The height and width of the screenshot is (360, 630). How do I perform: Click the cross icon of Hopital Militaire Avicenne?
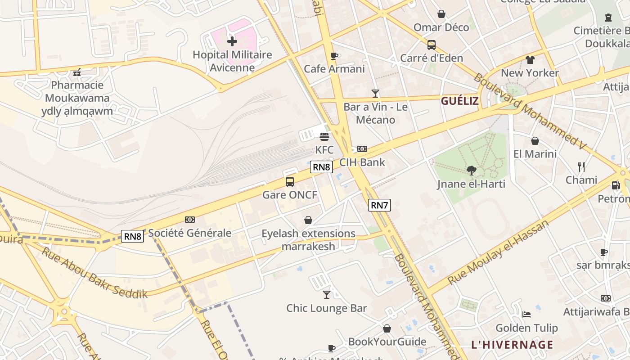coord(232,42)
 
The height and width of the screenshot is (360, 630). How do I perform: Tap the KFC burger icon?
coord(324,136)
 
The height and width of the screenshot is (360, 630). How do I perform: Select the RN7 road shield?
coord(379,206)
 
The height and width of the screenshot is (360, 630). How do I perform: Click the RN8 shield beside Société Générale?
coord(132,236)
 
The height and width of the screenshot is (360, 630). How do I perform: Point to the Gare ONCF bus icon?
coord(290,182)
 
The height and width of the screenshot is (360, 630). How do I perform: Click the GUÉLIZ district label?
coord(459,101)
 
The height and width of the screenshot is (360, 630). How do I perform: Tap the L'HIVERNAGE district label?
coord(512,345)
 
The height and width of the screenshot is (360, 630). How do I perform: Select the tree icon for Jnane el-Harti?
coord(471,171)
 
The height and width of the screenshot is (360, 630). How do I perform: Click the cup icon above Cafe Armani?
coord(334,56)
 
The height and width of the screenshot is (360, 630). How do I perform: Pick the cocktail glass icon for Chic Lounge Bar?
coord(327,295)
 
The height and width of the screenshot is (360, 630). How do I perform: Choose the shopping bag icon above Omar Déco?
coord(441,14)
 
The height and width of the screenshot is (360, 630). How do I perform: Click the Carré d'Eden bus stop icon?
coord(431,45)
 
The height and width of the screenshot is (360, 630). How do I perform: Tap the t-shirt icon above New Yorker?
coord(530,60)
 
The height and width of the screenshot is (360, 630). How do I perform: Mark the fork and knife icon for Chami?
coord(581,167)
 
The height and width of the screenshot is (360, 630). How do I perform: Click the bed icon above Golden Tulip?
coord(526,314)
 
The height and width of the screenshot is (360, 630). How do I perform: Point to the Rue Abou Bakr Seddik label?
coord(94,273)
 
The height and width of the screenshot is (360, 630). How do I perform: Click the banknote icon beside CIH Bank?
coord(362,149)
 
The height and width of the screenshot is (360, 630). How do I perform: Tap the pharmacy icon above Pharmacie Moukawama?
coord(77,72)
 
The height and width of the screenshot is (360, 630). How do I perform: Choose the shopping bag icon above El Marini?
coord(535,141)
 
